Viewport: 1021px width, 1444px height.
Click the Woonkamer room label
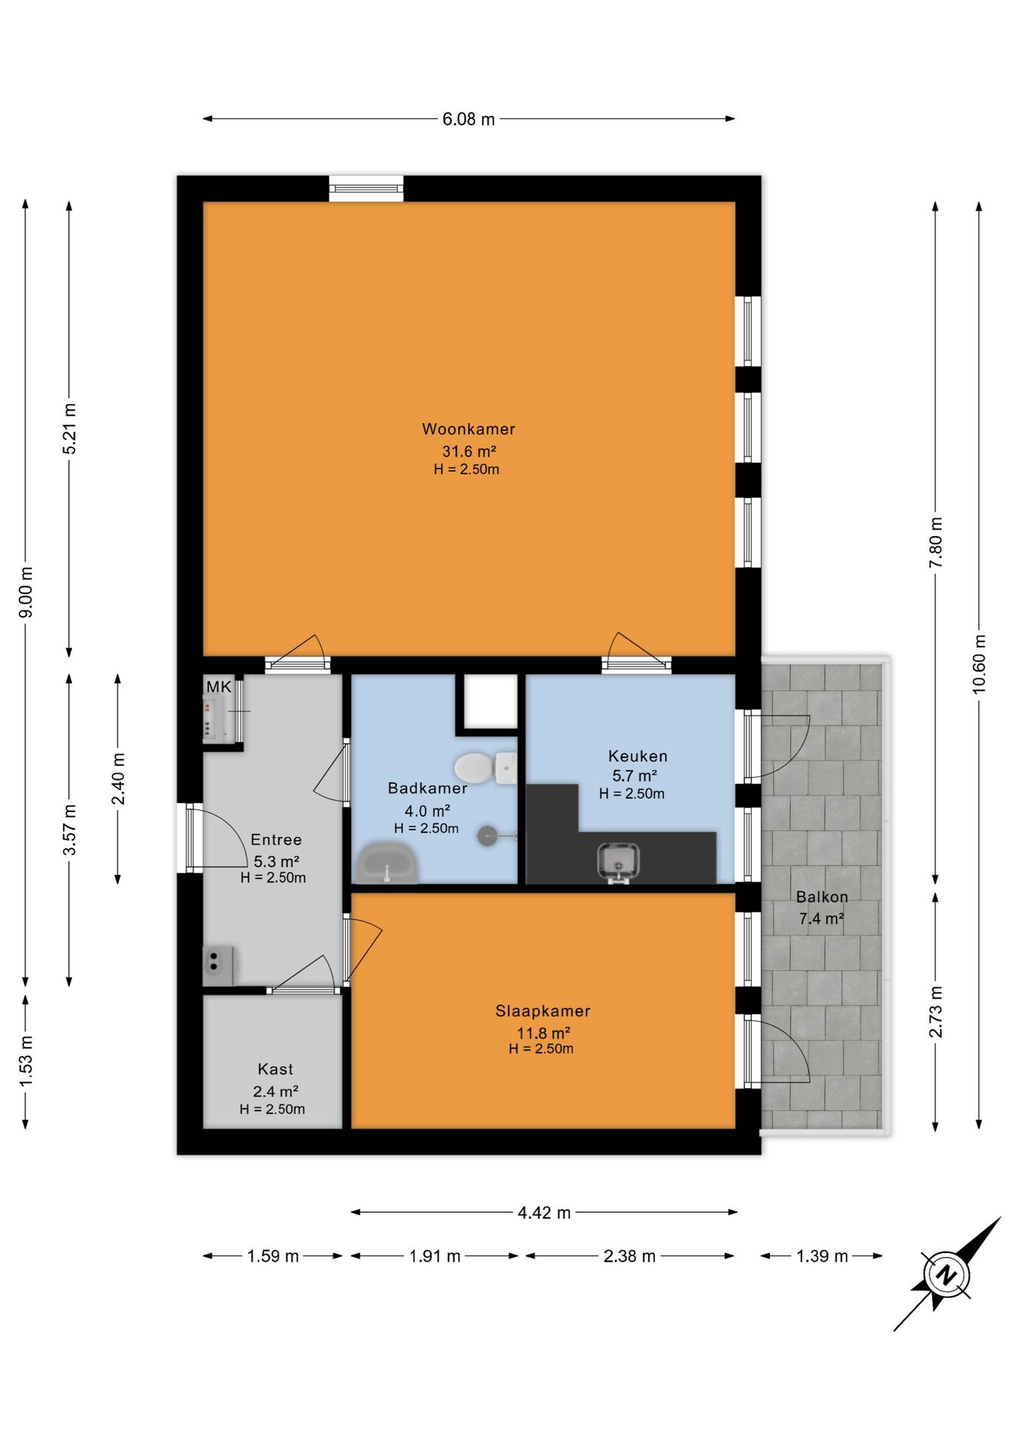pyautogui.click(x=468, y=429)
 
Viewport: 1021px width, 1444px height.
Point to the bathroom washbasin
pyautogui.click(x=387, y=863)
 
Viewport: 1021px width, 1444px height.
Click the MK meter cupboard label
pyautogui.click(x=219, y=687)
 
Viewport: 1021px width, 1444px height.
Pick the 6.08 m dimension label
pyautogui.click(x=468, y=120)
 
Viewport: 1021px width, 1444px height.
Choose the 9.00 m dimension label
pyautogui.click(x=26, y=592)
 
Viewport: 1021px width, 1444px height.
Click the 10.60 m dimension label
pyautogui.click(x=979, y=664)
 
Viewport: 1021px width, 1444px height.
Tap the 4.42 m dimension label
pyautogui.click(x=544, y=1213)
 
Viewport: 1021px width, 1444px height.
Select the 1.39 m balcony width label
pyautogui.click(x=822, y=1257)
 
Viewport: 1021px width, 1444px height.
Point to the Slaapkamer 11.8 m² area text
pyautogui.click(x=543, y=1033)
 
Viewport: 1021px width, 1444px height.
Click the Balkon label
pyautogui.click(x=822, y=897)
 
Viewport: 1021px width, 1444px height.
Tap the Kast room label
pyautogui.click(x=275, y=1069)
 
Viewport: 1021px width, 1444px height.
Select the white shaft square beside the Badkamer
pyautogui.click(x=490, y=702)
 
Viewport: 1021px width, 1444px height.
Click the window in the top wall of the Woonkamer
pyautogui.click(x=366, y=188)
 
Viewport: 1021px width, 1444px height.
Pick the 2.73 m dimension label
pyautogui.click(x=935, y=1012)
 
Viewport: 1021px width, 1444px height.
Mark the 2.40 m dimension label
pyautogui.click(x=119, y=778)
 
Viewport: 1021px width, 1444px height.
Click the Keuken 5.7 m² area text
pyautogui.click(x=635, y=775)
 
